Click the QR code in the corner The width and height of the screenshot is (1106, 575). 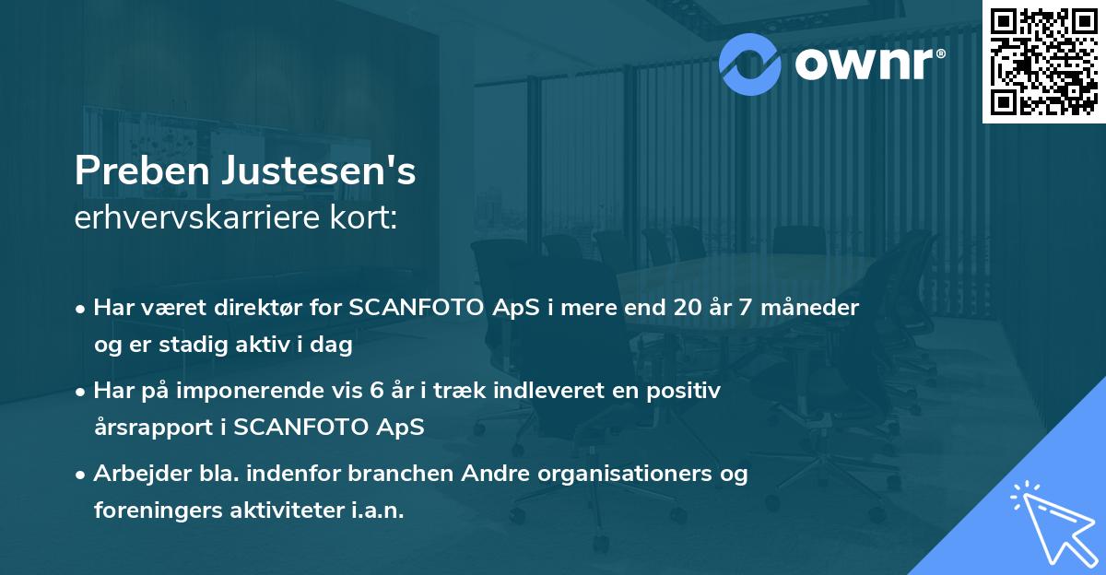1042,61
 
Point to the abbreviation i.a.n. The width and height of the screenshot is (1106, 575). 373,510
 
